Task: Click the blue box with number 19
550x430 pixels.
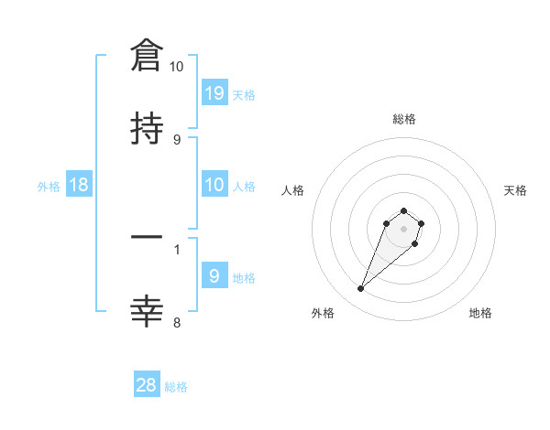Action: coord(214,92)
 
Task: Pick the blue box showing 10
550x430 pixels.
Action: coord(214,185)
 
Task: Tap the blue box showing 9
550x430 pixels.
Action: coord(214,276)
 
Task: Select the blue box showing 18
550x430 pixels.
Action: coord(79,185)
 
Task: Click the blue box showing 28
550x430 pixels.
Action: coord(147,385)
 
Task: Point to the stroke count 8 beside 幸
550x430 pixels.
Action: coord(177,322)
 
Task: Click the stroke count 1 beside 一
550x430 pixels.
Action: coord(177,248)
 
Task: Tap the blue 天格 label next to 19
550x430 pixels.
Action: coord(244,95)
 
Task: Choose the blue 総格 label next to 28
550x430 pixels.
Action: coord(176,388)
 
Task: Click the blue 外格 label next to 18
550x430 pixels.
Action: coord(49,187)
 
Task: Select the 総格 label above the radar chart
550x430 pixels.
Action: coord(403,119)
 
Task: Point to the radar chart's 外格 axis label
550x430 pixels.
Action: coord(323,313)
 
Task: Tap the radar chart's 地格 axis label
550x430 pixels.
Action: coord(480,313)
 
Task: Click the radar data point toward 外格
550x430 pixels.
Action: coord(360,289)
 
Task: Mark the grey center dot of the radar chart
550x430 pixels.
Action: coord(403,229)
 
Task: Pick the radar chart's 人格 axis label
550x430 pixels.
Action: coord(293,190)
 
